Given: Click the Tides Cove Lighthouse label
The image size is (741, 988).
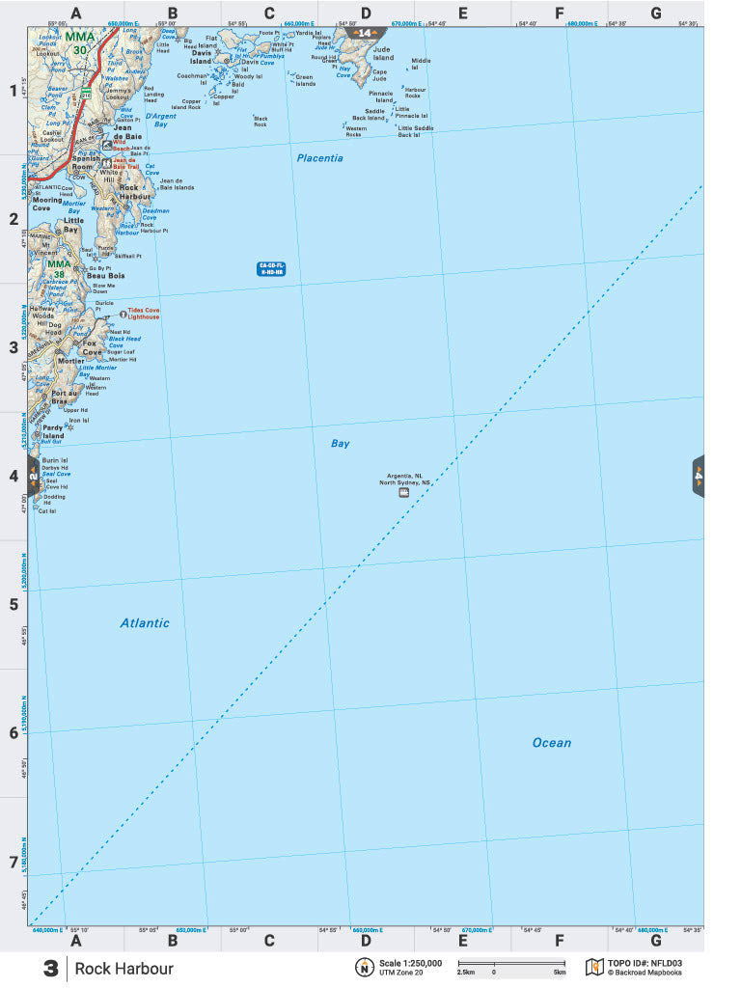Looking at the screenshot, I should coord(141,314).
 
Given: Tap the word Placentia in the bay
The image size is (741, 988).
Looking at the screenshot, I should coord(319,158).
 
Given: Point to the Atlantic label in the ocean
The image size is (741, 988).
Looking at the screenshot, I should coord(145,623).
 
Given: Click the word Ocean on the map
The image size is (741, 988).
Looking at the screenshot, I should coord(552,743).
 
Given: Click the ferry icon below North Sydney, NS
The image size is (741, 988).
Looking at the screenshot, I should coord(403,492).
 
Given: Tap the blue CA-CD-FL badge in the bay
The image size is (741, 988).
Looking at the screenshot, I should coord(271,269).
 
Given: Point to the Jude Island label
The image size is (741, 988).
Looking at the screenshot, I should coord(383,53).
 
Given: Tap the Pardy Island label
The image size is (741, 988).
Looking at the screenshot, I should coord(52,431).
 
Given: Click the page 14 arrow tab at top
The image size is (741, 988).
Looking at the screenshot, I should coord(364,33).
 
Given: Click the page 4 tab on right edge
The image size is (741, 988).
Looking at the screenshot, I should coord(699,476).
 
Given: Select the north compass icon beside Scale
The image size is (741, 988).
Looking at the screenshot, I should coord(365,968).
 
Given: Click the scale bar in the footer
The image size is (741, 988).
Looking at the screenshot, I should coord(511,963).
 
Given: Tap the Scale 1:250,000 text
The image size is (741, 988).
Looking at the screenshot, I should coord(410,963).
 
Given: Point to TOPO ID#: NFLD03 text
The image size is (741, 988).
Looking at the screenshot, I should coord(645,963).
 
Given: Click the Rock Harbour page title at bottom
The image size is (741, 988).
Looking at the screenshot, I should coord(124,969).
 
